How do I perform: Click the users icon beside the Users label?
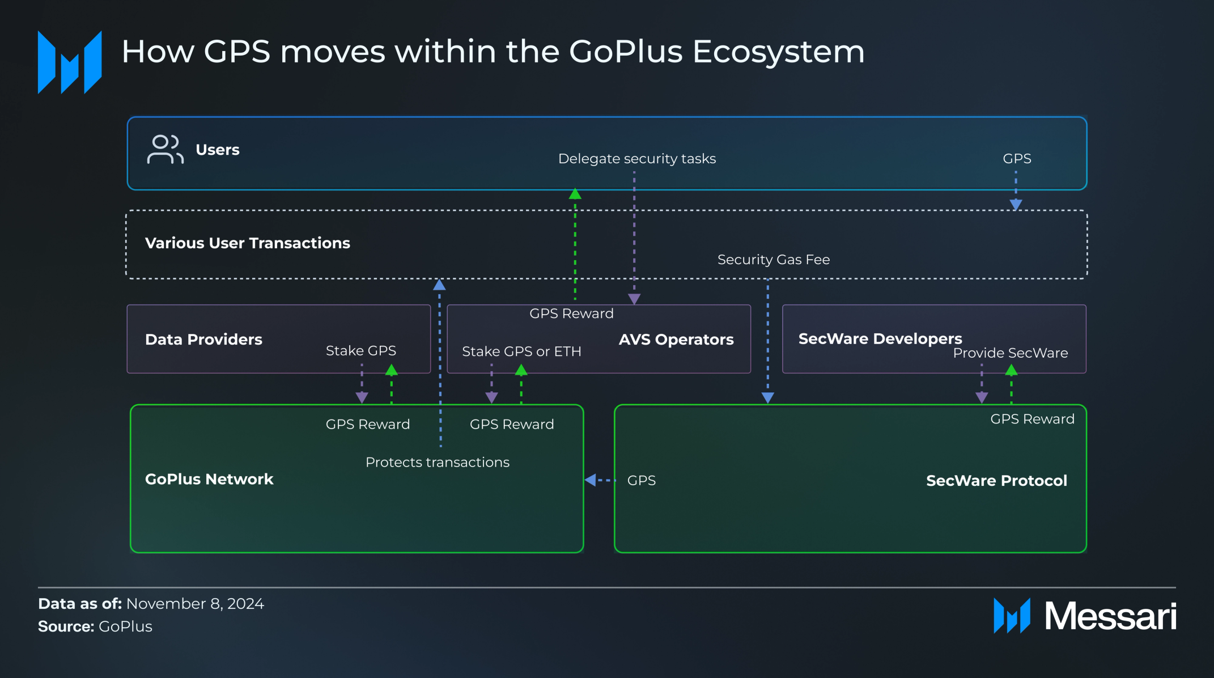pos(165,149)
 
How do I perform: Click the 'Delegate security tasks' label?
pos(636,159)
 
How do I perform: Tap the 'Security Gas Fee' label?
pos(773,260)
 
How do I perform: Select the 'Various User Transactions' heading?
pos(247,243)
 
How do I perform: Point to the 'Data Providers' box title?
pos(203,340)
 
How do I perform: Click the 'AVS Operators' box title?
pos(676,340)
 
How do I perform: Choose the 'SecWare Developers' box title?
pos(880,338)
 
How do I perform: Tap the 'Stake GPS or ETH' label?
pos(521,351)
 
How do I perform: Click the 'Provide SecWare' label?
pos(1010,353)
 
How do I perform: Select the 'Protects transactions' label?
pos(437,463)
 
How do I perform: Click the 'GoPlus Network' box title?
pos(209,480)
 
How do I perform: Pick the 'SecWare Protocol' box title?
pos(996,481)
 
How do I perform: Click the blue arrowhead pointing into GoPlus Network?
pos(590,480)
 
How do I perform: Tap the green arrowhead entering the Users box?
pos(575,194)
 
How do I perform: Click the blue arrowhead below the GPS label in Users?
pos(1016,204)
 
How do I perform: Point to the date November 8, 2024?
pos(195,604)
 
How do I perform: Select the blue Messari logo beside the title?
pos(70,62)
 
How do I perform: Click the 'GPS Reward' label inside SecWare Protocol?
pos(1032,419)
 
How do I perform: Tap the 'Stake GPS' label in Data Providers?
pos(360,351)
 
